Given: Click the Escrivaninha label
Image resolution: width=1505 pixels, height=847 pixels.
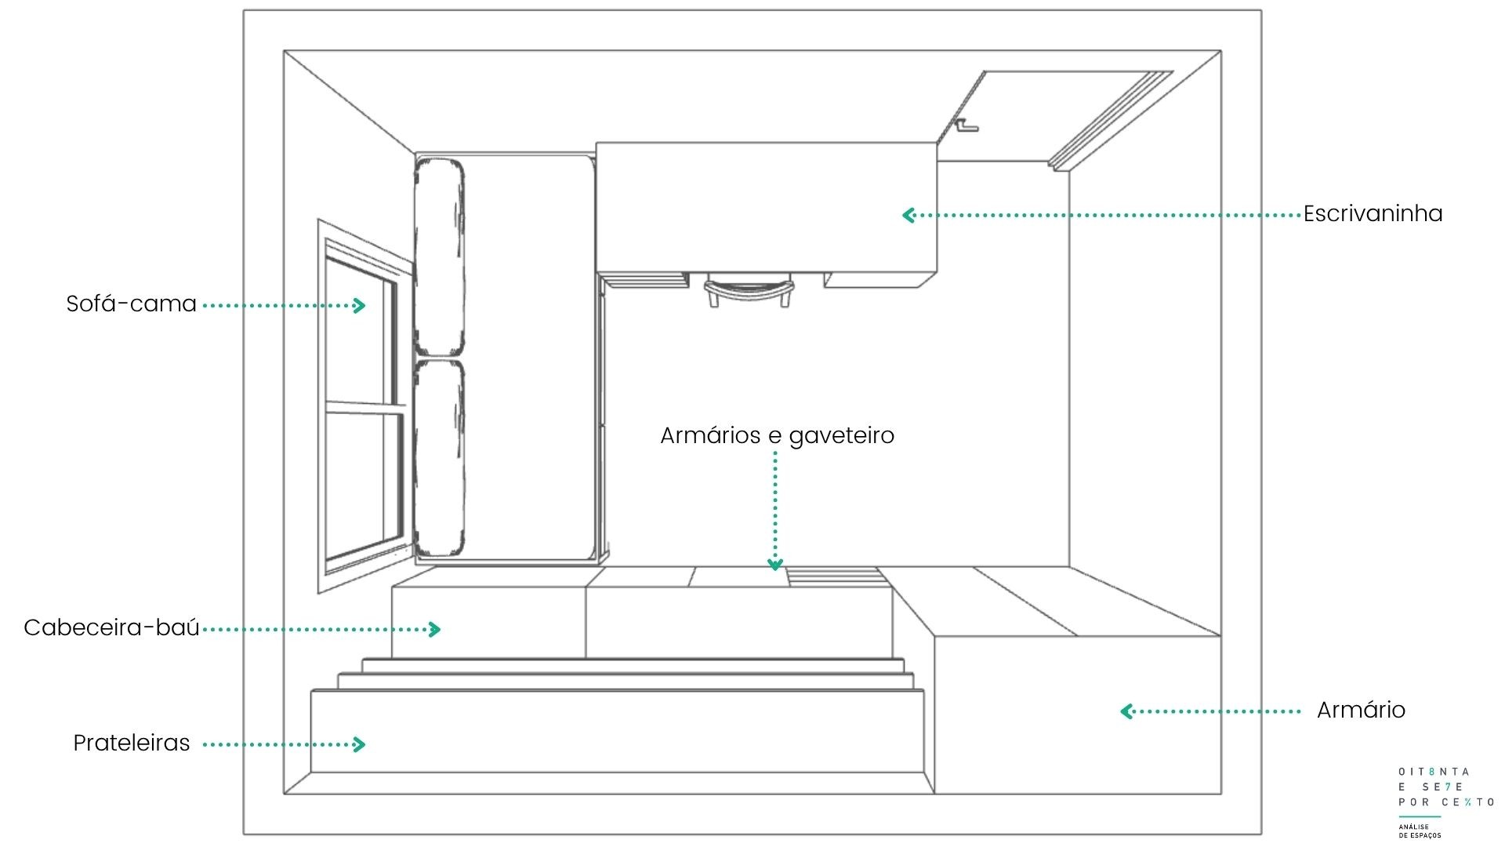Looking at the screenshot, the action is [1373, 214].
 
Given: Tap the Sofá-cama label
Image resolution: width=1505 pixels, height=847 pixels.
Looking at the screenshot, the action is [131, 304].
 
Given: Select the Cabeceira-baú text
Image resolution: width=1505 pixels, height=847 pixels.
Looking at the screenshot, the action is [111, 628].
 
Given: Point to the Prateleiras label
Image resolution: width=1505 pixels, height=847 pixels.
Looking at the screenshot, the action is [132, 743].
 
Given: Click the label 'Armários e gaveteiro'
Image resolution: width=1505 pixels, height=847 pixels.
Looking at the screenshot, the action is [777, 436].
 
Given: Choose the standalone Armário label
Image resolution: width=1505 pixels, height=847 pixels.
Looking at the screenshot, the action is [1361, 711].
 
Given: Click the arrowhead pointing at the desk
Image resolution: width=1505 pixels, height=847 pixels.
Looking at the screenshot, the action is [908, 215].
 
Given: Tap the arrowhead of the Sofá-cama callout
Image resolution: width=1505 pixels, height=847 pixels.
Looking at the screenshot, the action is [360, 305].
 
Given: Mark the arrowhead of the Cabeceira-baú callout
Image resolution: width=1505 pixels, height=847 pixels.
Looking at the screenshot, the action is [434, 629].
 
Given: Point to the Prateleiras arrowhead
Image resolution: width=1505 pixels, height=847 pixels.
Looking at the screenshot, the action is [360, 744].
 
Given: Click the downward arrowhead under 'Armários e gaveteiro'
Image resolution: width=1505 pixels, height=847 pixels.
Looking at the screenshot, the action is [775, 564].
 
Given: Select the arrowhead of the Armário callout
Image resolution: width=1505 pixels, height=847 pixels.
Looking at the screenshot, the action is [1126, 711].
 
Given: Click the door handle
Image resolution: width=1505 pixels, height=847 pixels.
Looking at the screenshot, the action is [966, 125].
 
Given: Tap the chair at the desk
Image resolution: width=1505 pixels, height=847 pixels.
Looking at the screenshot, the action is [748, 290].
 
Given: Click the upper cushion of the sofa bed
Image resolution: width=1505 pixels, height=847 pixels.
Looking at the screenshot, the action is [439, 257].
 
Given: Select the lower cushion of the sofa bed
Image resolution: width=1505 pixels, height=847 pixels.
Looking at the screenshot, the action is [439, 458].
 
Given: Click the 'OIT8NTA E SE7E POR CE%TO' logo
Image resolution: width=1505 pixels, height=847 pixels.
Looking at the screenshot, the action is [1445, 787].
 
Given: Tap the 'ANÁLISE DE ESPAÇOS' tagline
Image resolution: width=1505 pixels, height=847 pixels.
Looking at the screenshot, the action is [1420, 831].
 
